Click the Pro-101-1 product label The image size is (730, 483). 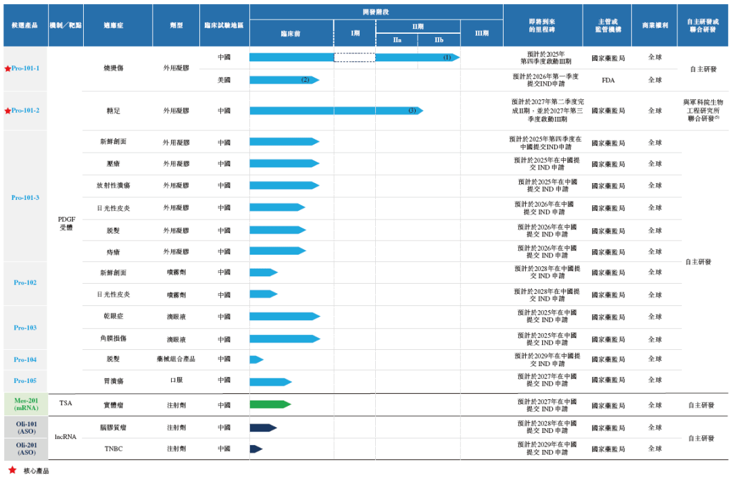pyautogui.click(x=25, y=69)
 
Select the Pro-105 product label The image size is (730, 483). pyautogui.click(x=25, y=381)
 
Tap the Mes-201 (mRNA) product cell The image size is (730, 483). pyautogui.click(x=25, y=405)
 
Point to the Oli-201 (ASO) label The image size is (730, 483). pyautogui.click(x=25, y=449)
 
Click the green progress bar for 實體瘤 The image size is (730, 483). pyautogui.click(x=270, y=405)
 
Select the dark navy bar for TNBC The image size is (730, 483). pyautogui.click(x=256, y=449)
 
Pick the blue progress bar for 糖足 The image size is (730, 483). pyautogui.click(x=335, y=111)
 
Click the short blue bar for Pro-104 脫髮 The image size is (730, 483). pyautogui.click(x=256, y=359)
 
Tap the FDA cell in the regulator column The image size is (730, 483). pyautogui.click(x=608, y=80)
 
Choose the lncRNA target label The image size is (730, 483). pyautogui.click(x=66, y=437)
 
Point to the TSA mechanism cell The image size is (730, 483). pyautogui.click(x=66, y=403)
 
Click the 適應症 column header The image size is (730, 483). pyautogui.click(x=118, y=25)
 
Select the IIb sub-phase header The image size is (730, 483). pyautogui.click(x=439, y=40)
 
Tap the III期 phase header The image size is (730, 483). pyautogui.click(x=481, y=33)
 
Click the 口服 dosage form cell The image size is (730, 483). pyautogui.click(x=176, y=380)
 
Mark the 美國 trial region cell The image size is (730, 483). pyautogui.click(x=224, y=80)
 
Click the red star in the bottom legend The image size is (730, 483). pyautogui.click(x=12, y=470)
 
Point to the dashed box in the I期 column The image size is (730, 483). pyautogui.click(x=354, y=57)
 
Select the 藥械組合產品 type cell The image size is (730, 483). pyautogui.click(x=176, y=359)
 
